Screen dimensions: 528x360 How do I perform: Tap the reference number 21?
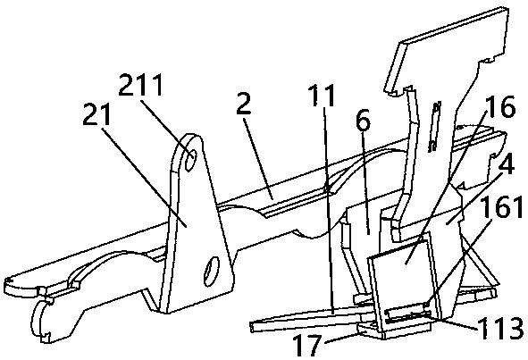(x=96, y=114)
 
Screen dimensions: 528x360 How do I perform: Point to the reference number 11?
(x=322, y=95)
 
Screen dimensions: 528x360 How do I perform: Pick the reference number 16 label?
(x=500, y=106)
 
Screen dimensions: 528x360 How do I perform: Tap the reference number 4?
(x=506, y=163)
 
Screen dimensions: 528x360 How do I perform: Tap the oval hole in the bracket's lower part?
(x=212, y=272)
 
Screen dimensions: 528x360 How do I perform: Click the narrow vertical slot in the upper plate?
(x=435, y=126)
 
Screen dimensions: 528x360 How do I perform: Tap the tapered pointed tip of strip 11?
(x=251, y=326)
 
